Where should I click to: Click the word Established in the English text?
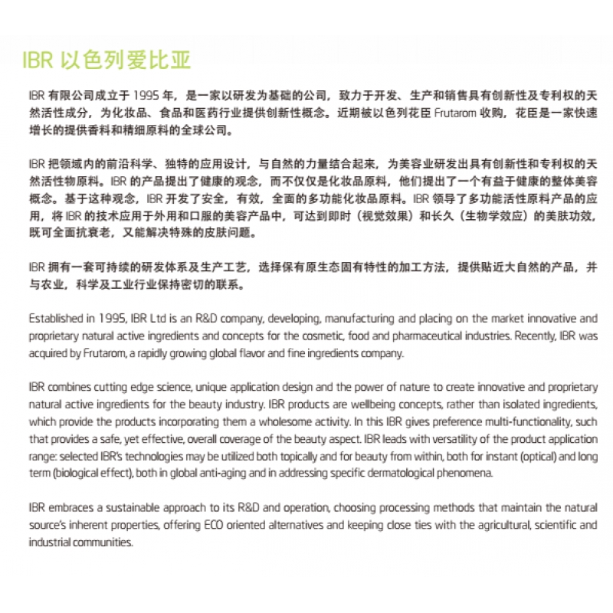56,318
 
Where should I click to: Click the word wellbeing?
391,403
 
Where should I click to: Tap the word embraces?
73,509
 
